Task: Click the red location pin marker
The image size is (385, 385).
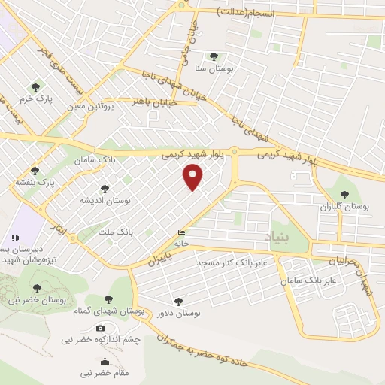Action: coord(193,177)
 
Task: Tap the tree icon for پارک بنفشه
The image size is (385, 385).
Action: coord(34,171)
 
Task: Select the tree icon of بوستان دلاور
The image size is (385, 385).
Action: coord(177,301)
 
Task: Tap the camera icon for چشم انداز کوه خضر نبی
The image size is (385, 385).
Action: coord(100,328)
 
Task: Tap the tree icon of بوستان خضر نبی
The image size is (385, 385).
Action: coord(37,289)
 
